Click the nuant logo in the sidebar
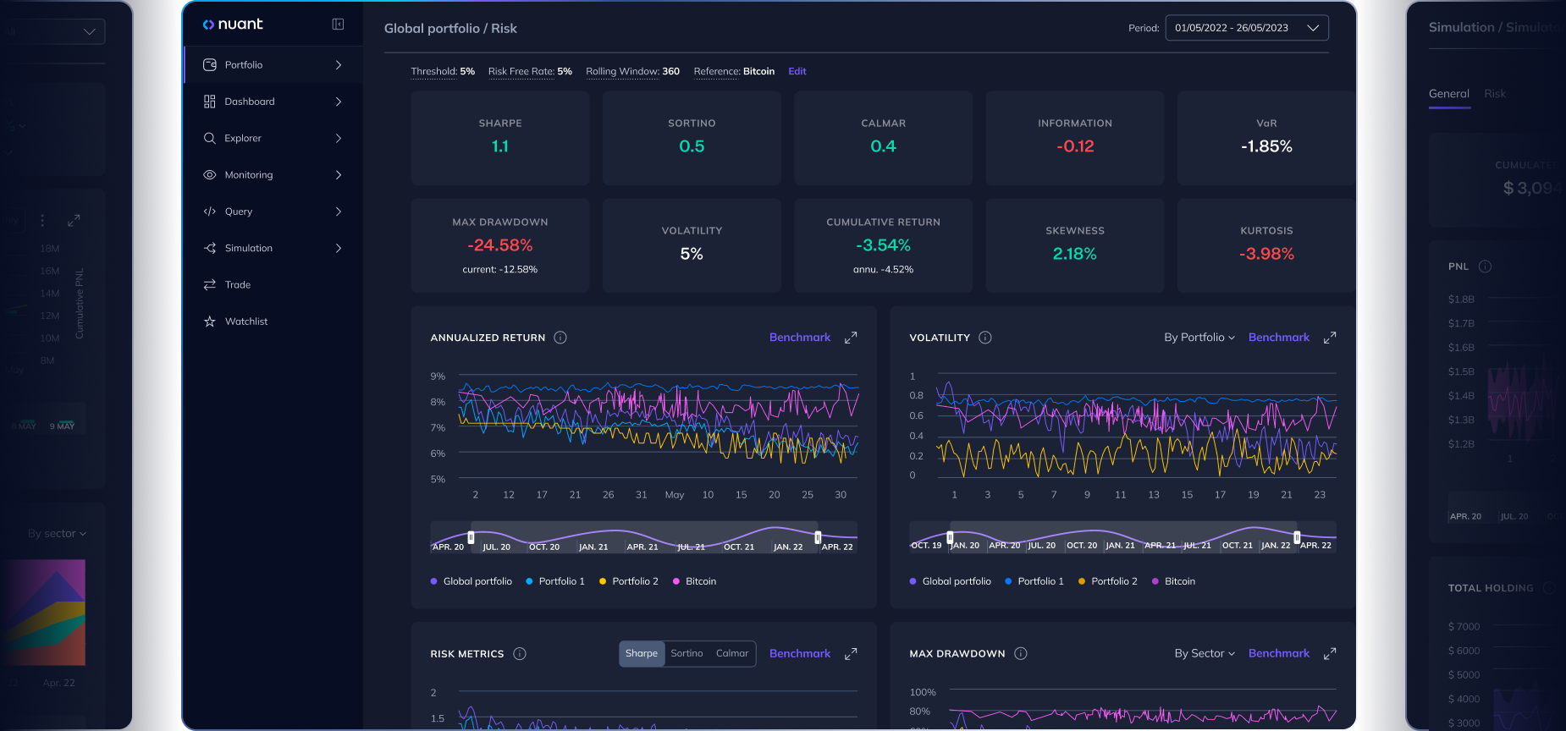[x=233, y=25]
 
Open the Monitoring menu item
[x=248, y=175]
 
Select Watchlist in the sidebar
[x=245, y=322]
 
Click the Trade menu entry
[x=237, y=285]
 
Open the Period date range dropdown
[x=1246, y=28]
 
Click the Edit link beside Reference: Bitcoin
[x=797, y=72]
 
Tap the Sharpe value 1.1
[x=500, y=146]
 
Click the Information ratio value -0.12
[x=1075, y=146]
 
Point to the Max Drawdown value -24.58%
[x=500, y=245]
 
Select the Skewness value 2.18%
[x=1074, y=254]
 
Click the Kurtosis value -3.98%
[x=1266, y=254]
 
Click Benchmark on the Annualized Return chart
[x=799, y=338]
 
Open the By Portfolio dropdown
[x=1199, y=338]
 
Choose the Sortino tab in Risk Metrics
[x=687, y=653]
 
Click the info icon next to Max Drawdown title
[x=1020, y=653]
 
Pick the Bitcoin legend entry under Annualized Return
[x=700, y=581]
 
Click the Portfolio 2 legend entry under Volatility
[x=1113, y=581]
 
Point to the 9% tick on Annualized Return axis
[x=438, y=376]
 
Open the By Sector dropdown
[x=1204, y=653]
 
